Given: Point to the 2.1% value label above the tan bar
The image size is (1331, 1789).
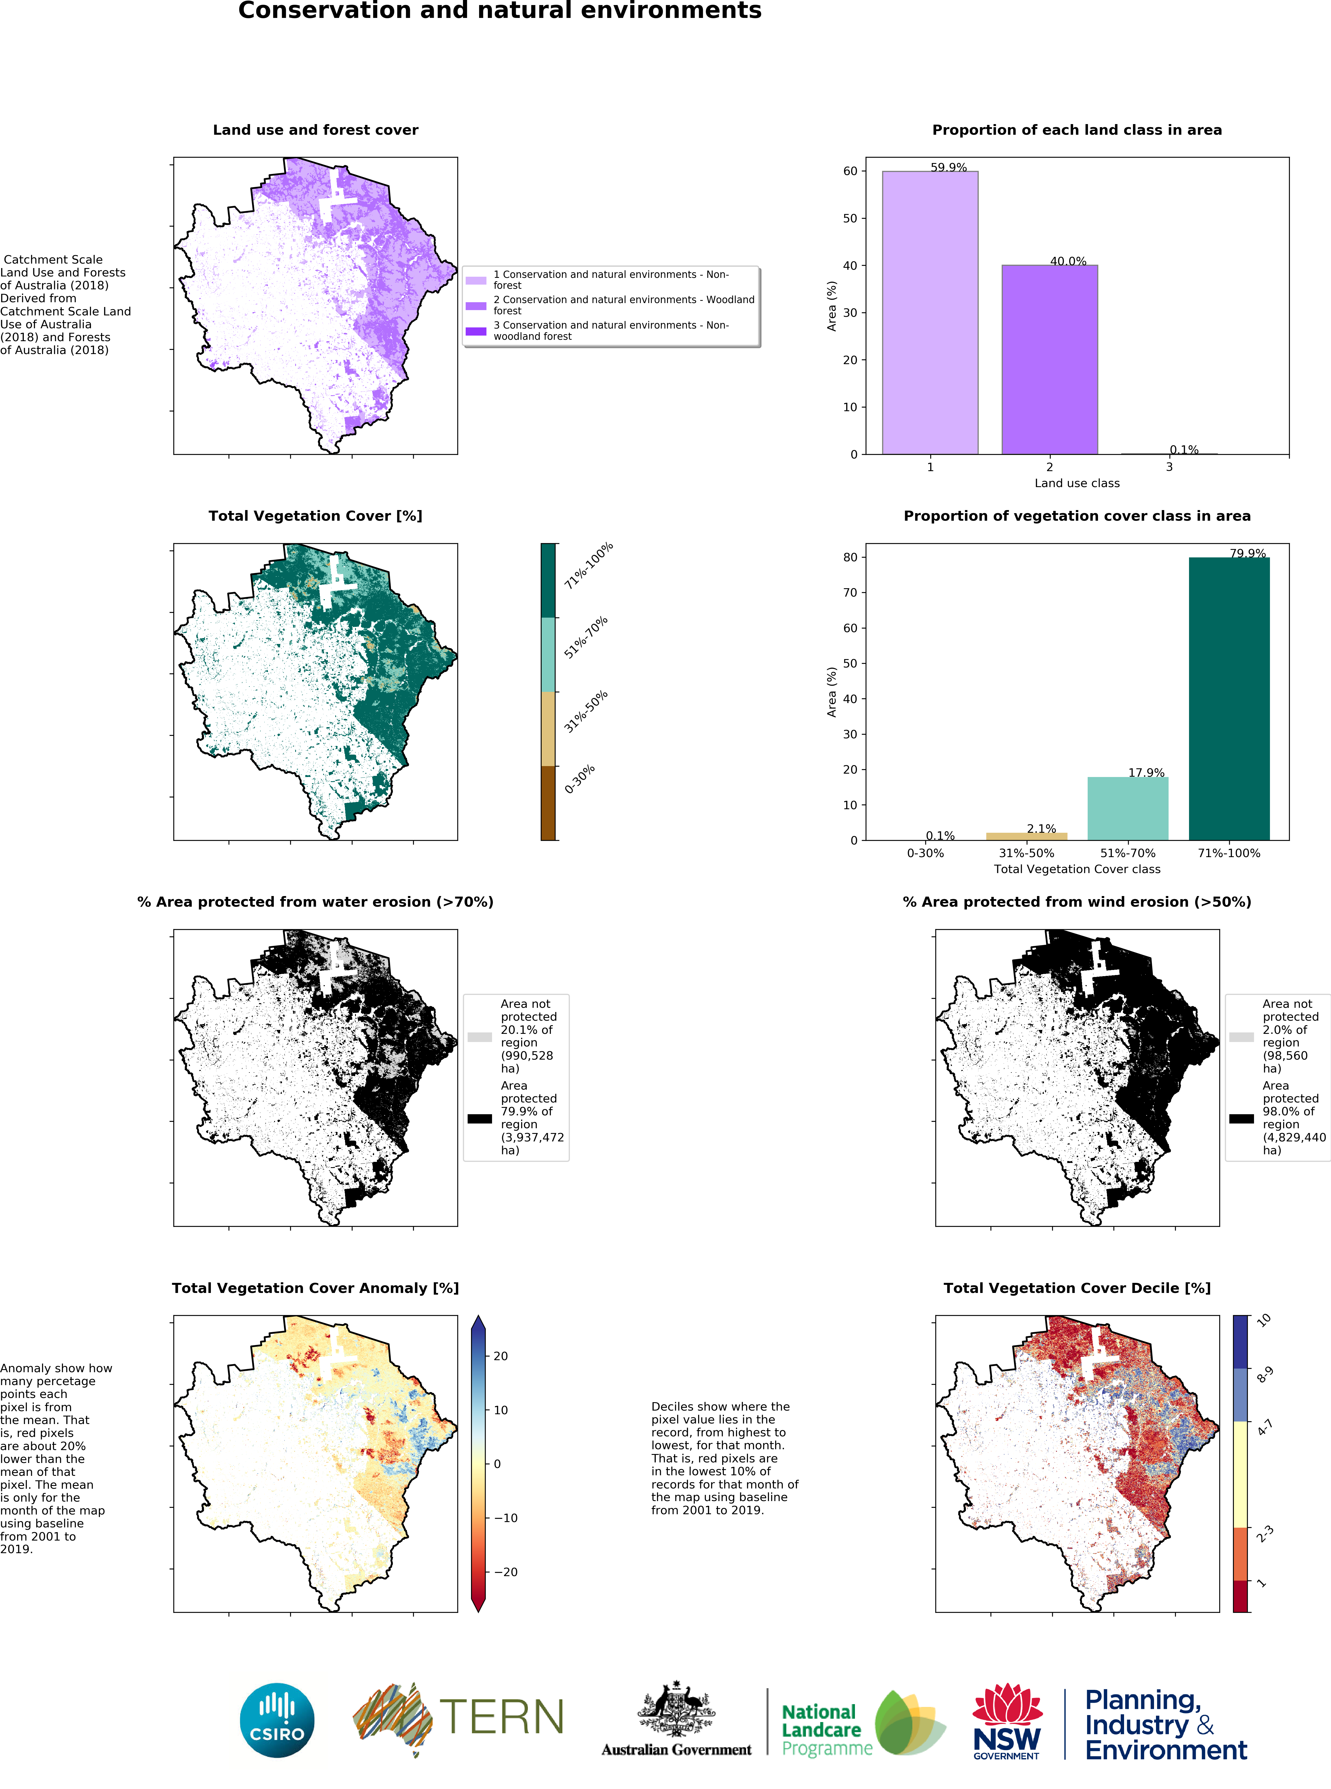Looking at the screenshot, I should point(1041,829).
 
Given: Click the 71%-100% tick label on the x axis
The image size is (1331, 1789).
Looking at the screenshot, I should point(1229,853).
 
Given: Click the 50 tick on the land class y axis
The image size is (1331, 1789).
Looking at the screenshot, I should point(850,218).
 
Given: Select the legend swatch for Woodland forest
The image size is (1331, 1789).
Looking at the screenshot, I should point(476,305).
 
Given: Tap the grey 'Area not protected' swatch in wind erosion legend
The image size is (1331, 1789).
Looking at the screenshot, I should point(1242,1037).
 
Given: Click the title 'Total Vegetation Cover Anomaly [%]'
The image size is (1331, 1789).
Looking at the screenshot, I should point(315,1288).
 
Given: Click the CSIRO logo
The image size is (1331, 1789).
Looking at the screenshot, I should point(277,1720).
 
